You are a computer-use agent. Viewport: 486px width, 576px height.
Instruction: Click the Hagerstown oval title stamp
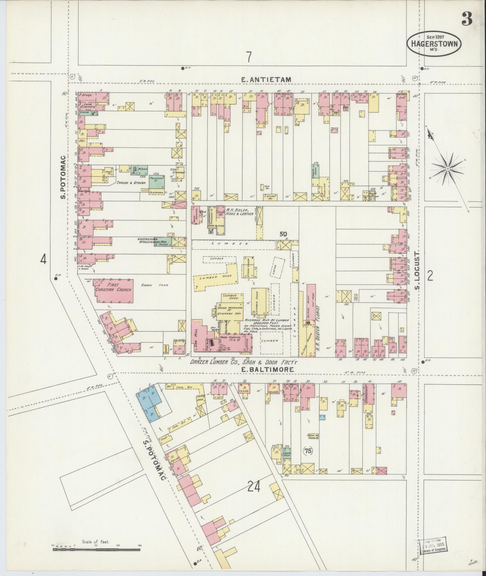(434, 44)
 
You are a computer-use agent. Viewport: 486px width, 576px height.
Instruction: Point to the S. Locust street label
(417, 270)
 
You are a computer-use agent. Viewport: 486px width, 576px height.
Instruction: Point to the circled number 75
(308, 459)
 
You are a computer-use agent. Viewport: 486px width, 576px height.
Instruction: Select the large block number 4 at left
(44, 259)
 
